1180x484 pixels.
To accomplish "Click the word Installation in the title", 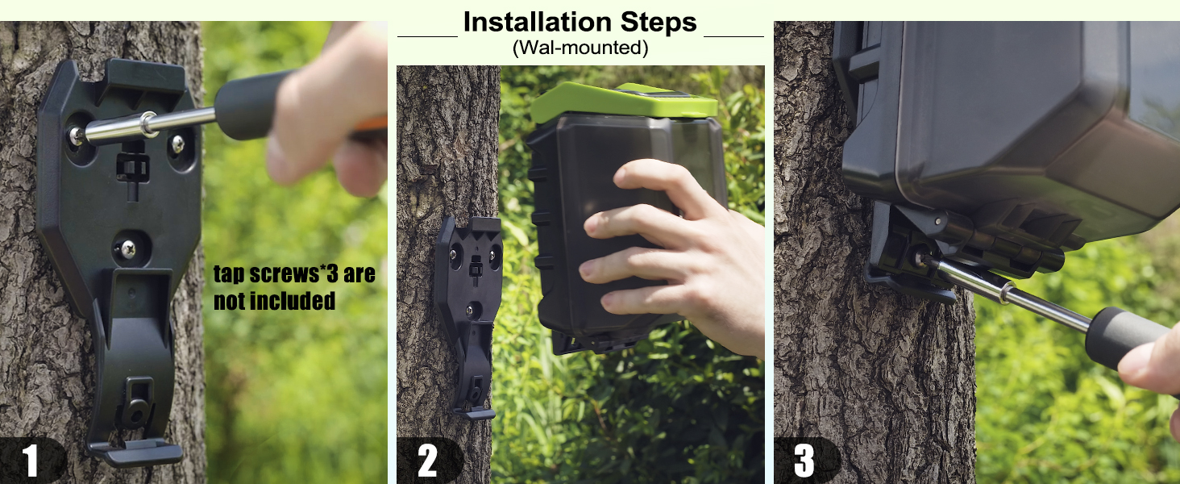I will [530, 22].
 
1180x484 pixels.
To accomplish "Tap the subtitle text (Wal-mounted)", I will [580, 48].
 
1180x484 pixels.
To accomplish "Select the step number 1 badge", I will [31, 461].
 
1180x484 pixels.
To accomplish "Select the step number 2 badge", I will [428, 461].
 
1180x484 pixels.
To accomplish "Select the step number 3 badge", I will [804, 461].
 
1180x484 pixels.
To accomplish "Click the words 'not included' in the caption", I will [274, 302].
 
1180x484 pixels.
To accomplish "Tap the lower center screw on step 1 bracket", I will [127, 248].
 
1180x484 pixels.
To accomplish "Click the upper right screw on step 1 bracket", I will [177, 144].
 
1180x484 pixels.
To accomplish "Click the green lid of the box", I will [621, 101].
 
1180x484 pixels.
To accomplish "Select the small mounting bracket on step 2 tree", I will [469, 307].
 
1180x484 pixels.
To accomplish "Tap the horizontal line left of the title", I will [427, 36].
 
